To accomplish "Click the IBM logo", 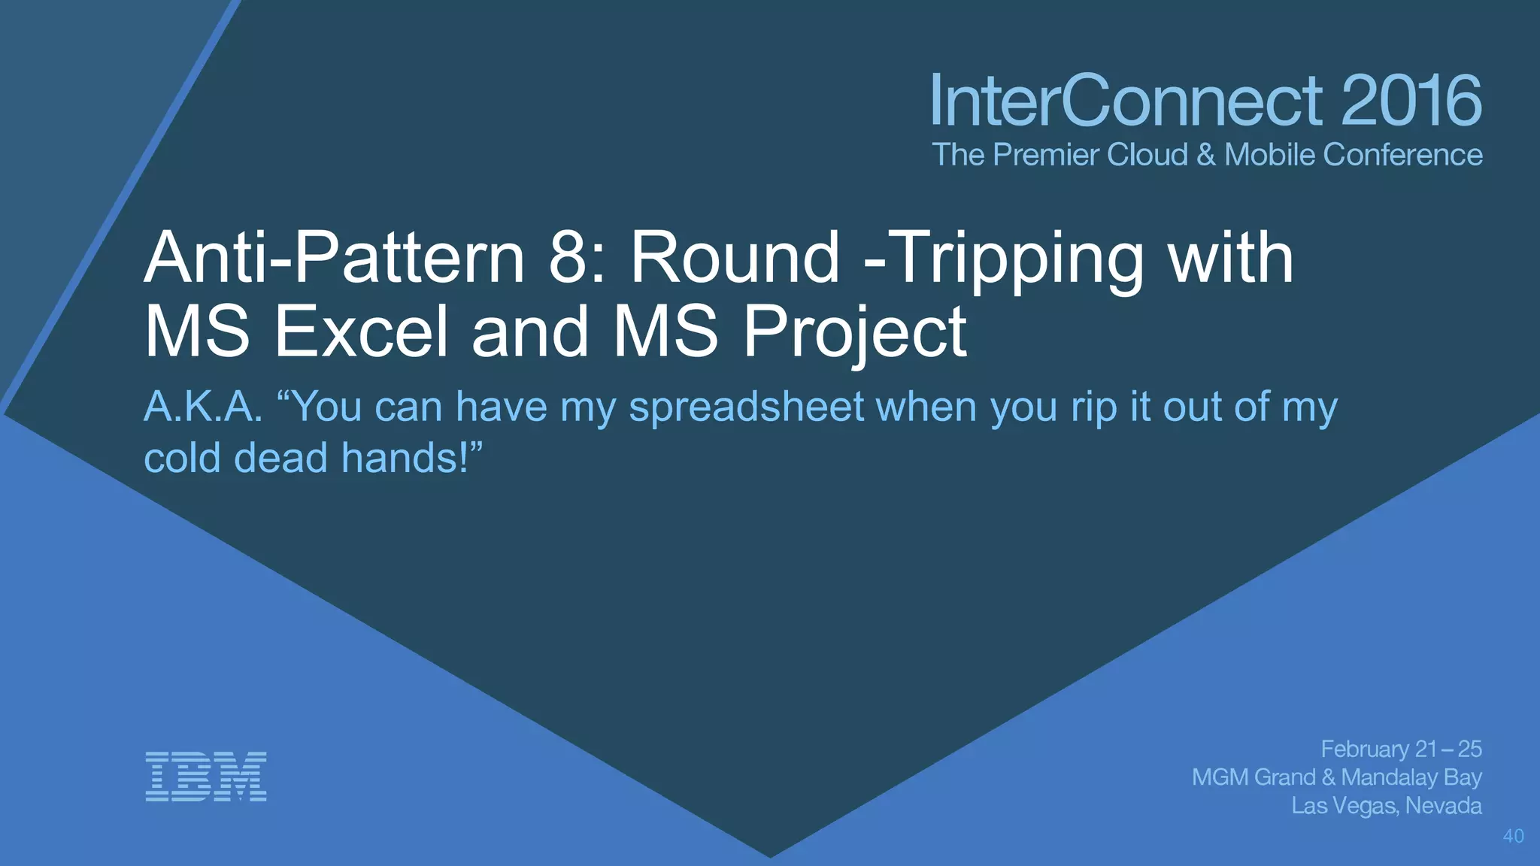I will click(206, 776).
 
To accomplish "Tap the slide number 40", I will click(1513, 836).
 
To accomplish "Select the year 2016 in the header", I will click(1411, 101).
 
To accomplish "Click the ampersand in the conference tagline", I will click(1205, 155).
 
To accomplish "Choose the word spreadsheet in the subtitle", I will click(747, 408).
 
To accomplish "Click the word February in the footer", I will click(1365, 749).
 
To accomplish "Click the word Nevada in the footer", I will click(1444, 806).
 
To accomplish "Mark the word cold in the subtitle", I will click(182, 458).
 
